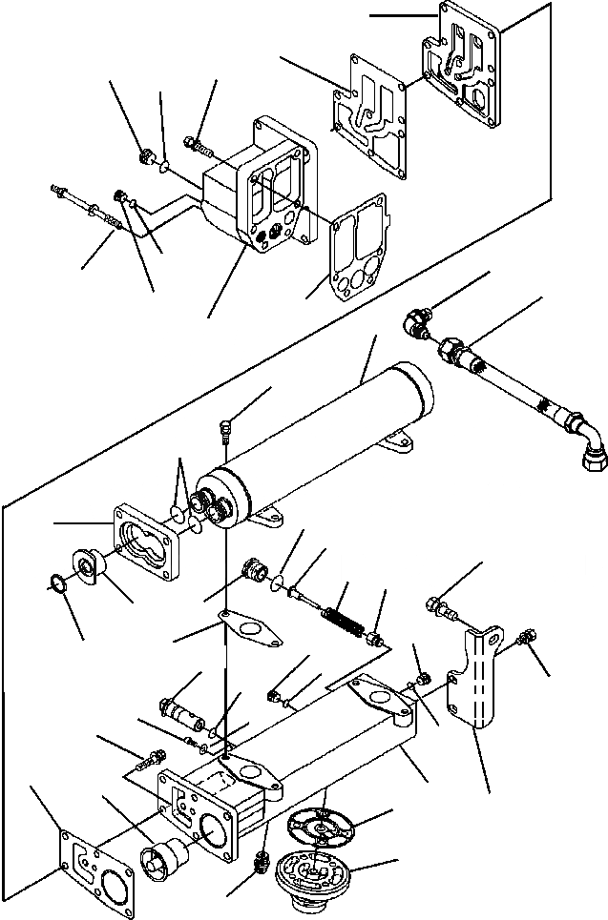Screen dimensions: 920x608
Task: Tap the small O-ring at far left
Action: (59, 583)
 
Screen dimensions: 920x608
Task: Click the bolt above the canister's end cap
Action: (223, 431)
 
